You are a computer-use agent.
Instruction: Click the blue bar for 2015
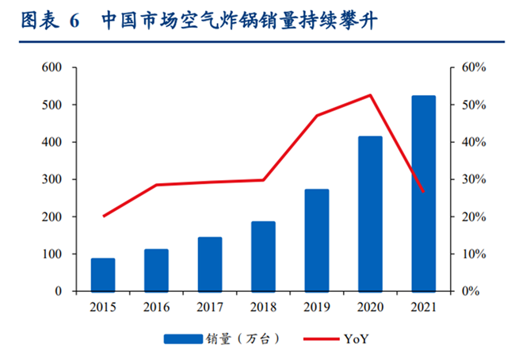click(x=103, y=274)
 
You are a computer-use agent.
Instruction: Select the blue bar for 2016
click(x=156, y=270)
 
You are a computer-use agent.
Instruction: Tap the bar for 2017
click(x=210, y=264)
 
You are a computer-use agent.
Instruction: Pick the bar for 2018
click(x=263, y=256)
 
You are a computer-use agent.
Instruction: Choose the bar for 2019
click(x=317, y=240)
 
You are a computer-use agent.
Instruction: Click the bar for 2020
click(x=370, y=213)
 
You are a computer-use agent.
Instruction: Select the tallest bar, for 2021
click(x=423, y=193)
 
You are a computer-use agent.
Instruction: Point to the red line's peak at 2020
click(x=370, y=95)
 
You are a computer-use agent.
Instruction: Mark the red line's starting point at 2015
click(x=103, y=216)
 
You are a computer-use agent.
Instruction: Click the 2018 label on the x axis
click(x=263, y=307)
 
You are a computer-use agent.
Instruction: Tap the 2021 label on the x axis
click(x=423, y=307)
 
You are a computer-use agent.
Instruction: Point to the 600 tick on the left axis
click(x=52, y=67)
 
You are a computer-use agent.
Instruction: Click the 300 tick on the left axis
click(x=52, y=179)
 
